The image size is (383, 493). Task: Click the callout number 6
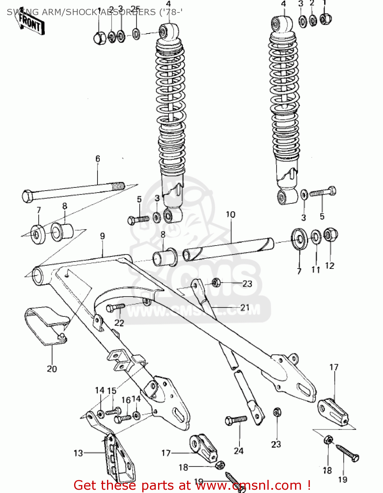97,159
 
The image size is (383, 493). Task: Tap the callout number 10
231,215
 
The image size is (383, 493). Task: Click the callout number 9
102,236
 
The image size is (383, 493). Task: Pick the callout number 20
52,369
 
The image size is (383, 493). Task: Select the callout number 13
78,453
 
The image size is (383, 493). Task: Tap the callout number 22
119,323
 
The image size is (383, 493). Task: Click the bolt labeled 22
115,308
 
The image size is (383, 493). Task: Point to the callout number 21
245,308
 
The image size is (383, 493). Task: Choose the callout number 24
238,451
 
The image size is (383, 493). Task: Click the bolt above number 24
236,420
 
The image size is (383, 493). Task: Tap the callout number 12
330,266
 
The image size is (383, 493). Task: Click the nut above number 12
330,235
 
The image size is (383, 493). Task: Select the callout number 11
315,270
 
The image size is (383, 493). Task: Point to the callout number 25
135,9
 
